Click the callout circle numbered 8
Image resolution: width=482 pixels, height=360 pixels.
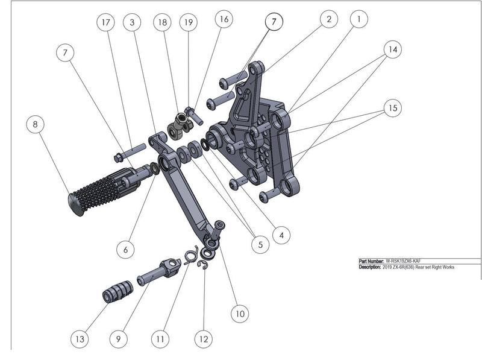coord(36,125)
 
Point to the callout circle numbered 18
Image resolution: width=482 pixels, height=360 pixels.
coord(162,23)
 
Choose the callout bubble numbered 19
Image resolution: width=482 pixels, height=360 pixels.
coord(189,23)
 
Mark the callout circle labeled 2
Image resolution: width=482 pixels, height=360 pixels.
coord(328,20)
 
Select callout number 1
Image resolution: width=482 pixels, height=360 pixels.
coord(359,20)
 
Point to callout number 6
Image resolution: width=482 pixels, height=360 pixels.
coord(125,248)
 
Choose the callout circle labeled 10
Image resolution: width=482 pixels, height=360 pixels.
coord(239,314)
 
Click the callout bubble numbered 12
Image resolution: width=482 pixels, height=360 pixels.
coord(204,339)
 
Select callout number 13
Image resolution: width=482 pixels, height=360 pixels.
coord(80,339)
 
